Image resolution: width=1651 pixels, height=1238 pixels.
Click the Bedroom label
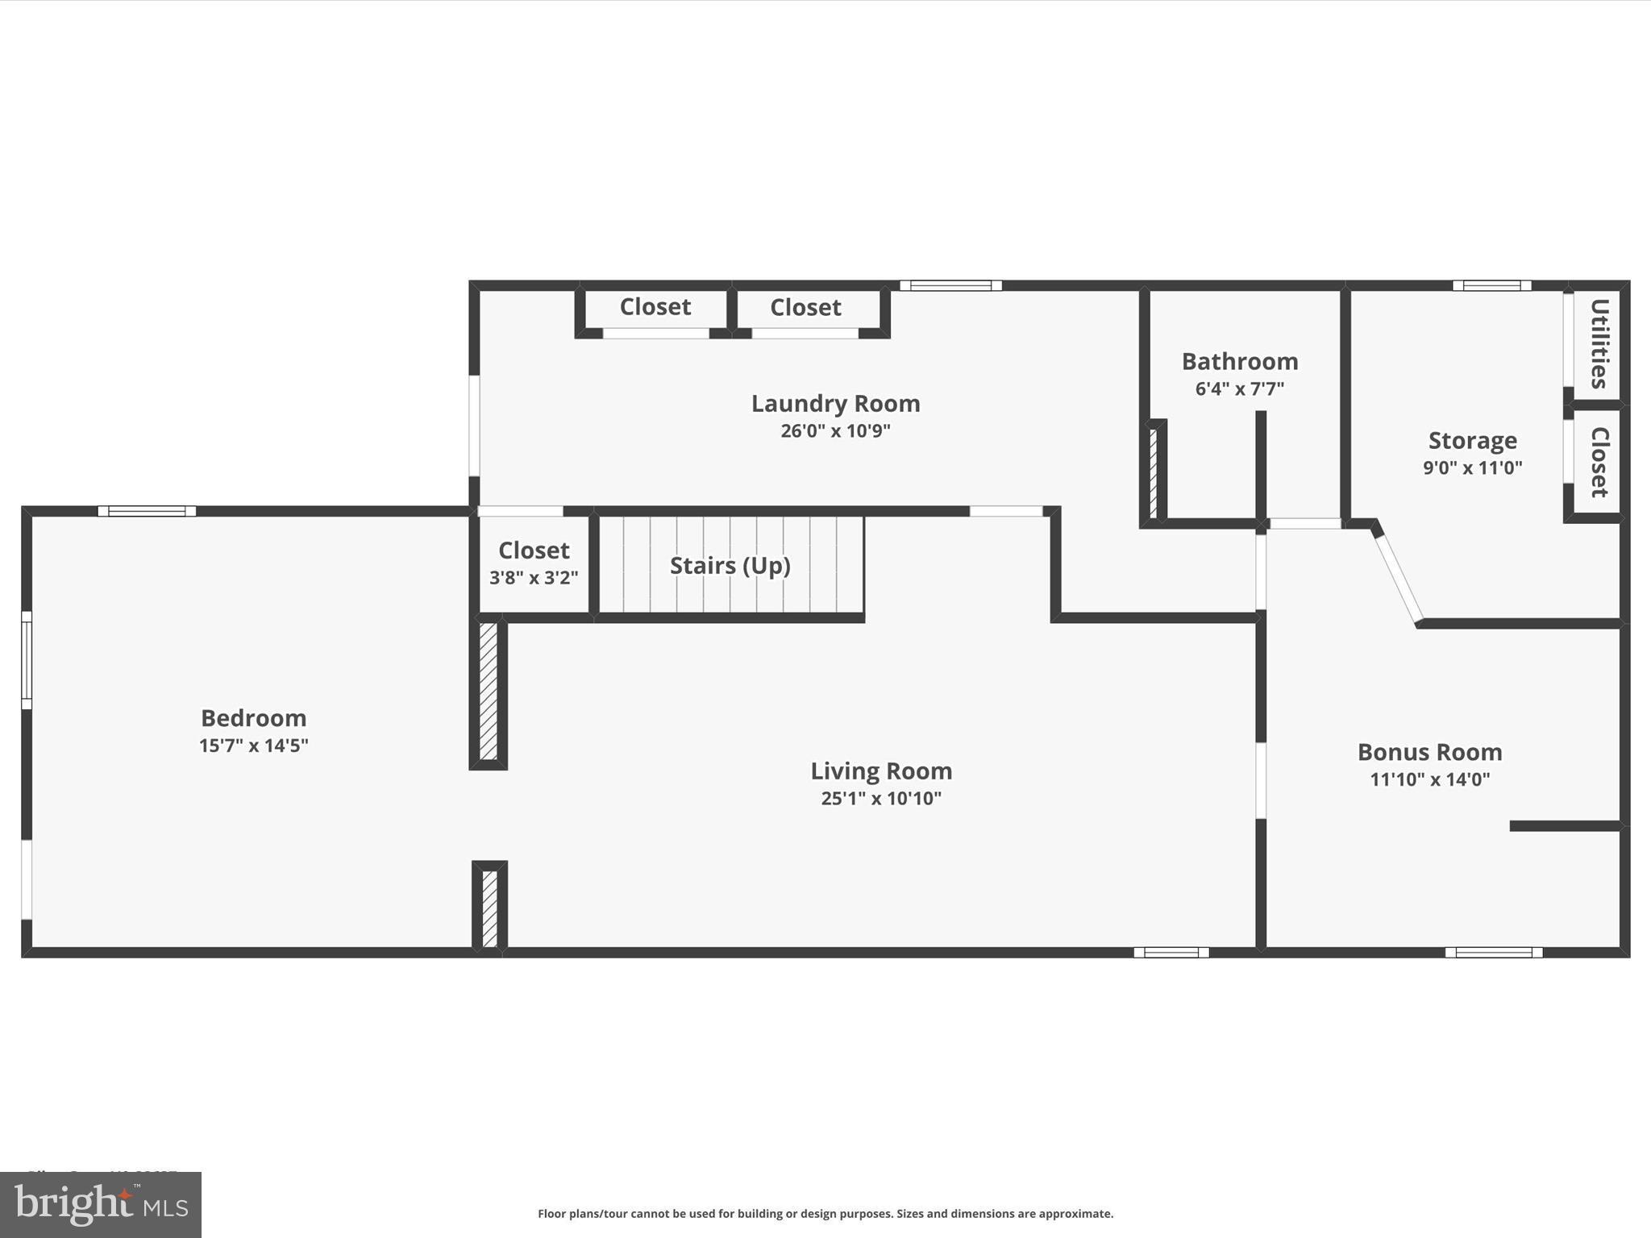[x=253, y=717]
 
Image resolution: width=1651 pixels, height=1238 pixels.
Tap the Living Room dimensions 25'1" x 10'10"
[x=881, y=798]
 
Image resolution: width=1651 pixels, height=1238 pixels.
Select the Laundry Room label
[x=835, y=403]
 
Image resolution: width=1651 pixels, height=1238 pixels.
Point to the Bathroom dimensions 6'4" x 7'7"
[x=1239, y=388]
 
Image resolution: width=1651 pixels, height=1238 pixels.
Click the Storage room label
[x=1472, y=440]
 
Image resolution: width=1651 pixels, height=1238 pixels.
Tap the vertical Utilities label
[x=1599, y=343]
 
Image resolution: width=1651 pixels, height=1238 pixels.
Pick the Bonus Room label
[x=1429, y=752]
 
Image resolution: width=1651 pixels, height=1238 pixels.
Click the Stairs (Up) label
[x=730, y=565]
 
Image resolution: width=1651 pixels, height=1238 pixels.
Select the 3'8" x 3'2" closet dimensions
[x=534, y=577]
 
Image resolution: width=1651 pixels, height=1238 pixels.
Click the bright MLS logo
[x=101, y=1205]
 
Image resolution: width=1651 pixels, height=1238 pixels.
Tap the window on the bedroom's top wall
[x=147, y=511]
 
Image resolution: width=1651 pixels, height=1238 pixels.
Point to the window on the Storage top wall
[x=1491, y=285]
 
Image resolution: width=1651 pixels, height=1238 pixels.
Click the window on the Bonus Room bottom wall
[x=1493, y=953]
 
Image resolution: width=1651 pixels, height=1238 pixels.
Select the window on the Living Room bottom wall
[x=1171, y=953]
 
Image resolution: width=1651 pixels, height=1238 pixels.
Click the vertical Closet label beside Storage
[x=1599, y=462]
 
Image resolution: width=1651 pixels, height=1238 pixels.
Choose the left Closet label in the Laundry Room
[x=655, y=307]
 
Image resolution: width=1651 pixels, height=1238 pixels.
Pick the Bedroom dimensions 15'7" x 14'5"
[x=253, y=745]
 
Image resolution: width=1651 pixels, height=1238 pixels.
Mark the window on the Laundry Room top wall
[x=950, y=285]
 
